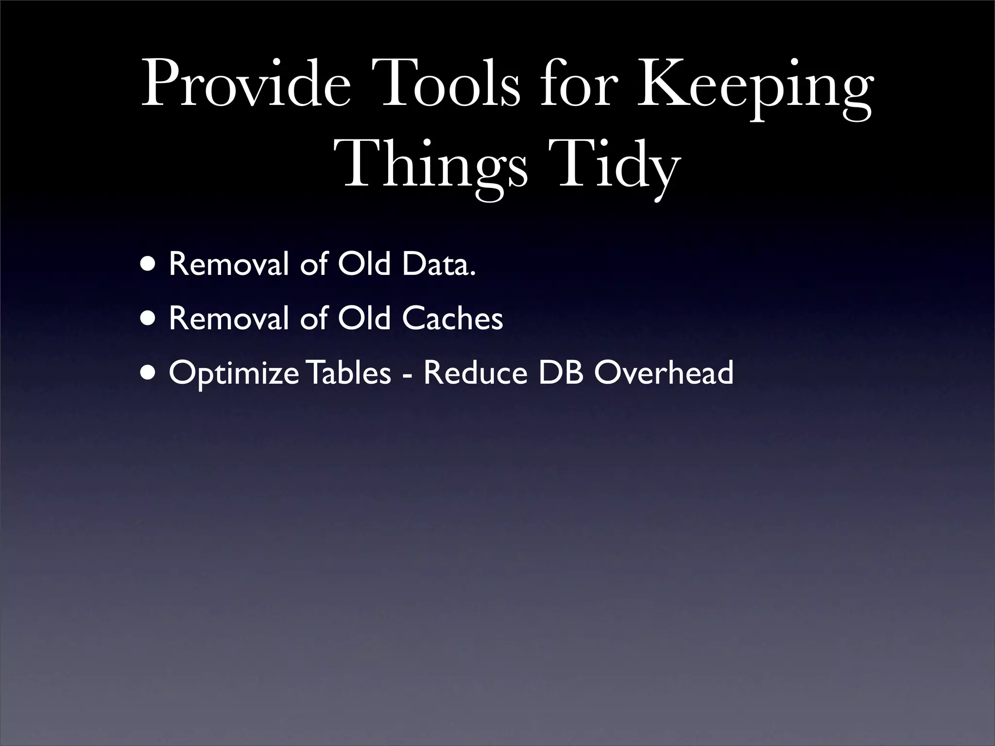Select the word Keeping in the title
753,87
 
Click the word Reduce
475,373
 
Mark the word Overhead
664,373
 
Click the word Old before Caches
364,319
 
